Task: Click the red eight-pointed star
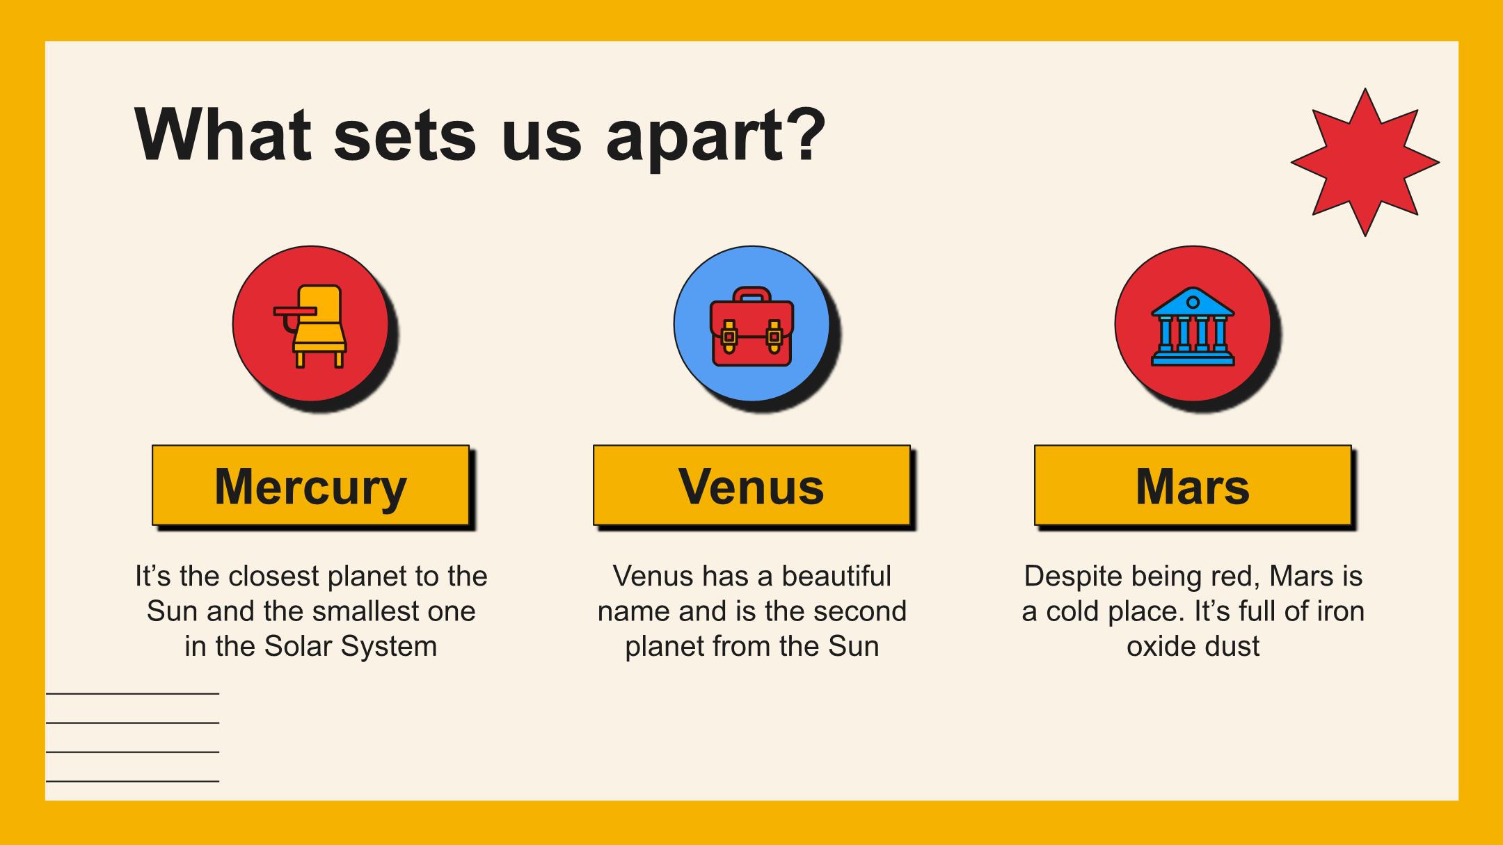(1365, 162)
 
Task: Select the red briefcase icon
(751, 326)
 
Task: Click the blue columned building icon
(1193, 326)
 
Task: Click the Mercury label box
(310, 485)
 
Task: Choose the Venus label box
(751, 485)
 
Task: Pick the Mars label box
(1193, 485)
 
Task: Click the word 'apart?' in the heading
(716, 136)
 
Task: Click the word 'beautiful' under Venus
(836, 576)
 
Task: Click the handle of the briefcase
(751, 294)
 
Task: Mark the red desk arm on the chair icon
(294, 312)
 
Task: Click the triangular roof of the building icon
(1193, 302)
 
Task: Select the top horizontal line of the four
(132, 693)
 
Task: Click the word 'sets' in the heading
(405, 136)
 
